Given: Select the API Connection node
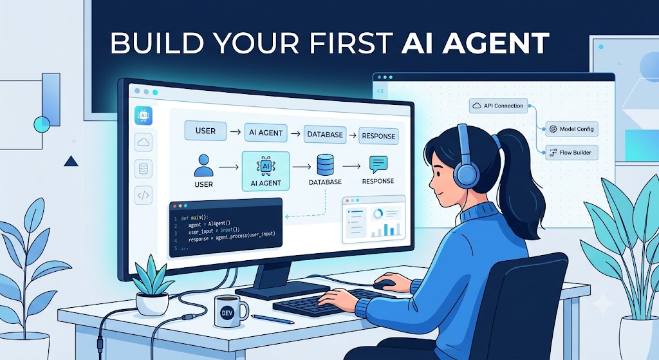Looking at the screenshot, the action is (499, 106).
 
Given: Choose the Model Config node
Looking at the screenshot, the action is (571, 129).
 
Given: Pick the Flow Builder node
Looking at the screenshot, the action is (571, 152).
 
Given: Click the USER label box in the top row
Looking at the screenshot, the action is (205, 131).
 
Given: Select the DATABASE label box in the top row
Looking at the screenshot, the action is (325, 135).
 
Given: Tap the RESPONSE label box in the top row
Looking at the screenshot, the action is (378, 136).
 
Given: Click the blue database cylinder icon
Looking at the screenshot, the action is (325, 165).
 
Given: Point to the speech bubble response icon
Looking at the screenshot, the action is (378, 164).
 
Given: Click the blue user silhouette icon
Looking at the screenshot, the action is (204, 166).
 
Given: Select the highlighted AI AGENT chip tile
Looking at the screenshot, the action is (266, 171).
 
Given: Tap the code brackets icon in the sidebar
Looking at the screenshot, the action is (144, 195).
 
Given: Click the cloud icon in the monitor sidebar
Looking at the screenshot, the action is (144, 142).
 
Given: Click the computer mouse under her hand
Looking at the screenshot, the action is (385, 284).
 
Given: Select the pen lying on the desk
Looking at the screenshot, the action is (272, 319).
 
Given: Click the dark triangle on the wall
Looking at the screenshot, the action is (71, 160).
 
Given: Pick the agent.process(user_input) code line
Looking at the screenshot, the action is (232, 237).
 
